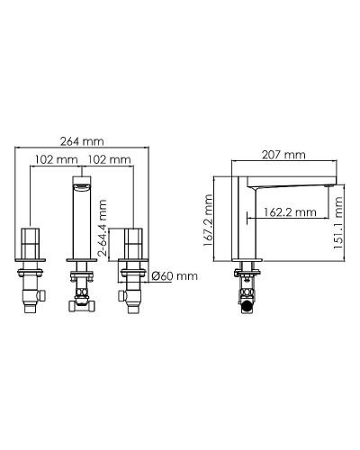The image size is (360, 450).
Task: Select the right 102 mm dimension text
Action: tap(109, 159)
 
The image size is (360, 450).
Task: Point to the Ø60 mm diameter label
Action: tap(173, 275)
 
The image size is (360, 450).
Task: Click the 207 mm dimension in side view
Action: tap(281, 153)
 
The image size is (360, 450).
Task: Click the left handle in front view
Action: tap(31, 244)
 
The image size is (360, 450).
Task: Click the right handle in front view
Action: tap(134, 244)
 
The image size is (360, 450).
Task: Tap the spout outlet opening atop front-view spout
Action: tap(83, 184)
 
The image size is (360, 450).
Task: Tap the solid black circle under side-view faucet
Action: tap(246, 305)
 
